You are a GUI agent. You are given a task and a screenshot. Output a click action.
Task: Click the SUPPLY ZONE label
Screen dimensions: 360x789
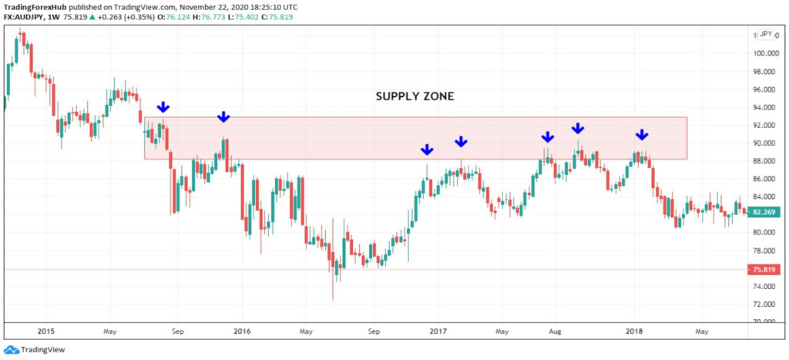pyautogui.click(x=415, y=96)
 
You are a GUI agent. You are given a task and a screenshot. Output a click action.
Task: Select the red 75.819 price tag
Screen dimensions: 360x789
pyautogui.click(x=765, y=270)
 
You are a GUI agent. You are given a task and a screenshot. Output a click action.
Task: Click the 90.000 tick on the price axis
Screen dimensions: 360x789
pyautogui.click(x=765, y=143)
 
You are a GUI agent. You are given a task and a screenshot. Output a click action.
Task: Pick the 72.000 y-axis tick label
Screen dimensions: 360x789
pyautogui.click(x=765, y=304)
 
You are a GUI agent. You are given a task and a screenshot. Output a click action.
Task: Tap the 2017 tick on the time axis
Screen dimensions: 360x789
pyautogui.click(x=438, y=331)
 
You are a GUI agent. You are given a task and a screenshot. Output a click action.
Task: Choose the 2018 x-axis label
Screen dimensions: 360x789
pyautogui.click(x=634, y=331)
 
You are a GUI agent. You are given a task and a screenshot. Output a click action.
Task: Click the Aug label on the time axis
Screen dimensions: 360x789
pyautogui.click(x=554, y=331)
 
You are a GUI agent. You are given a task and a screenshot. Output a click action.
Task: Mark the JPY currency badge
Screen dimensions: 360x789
pyautogui.click(x=766, y=34)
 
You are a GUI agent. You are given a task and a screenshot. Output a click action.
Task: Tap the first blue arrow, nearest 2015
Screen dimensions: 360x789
pyautogui.click(x=163, y=107)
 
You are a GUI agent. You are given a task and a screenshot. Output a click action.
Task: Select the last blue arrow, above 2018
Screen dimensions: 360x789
pyautogui.click(x=642, y=135)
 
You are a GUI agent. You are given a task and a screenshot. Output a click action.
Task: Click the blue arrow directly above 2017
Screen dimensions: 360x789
pyautogui.click(x=428, y=150)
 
